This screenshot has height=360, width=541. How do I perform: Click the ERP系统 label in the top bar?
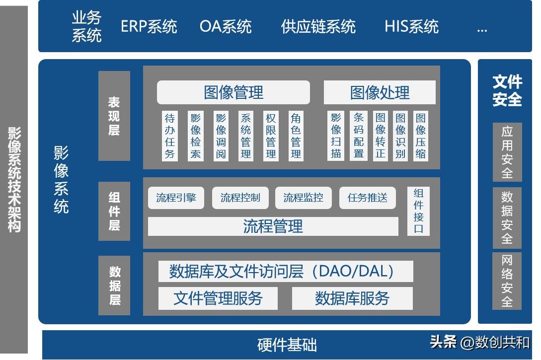click(x=149, y=26)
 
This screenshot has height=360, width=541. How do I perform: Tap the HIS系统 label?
click(x=411, y=26)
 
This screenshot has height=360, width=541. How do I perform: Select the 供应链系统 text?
click(x=318, y=26)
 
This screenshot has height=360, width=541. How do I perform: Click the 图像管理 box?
click(x=233, y=92)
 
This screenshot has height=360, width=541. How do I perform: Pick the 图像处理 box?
click(x=380, y=92)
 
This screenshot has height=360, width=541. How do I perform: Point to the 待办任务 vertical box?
click(x=170, y=136)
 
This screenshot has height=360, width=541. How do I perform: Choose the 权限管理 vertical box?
click(x=271, y=136)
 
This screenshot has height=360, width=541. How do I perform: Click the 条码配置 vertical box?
click(x=359, y=136)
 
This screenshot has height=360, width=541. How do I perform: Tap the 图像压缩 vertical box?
click(x=421, y=136)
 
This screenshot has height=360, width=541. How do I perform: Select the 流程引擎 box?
click(x=176, y=198)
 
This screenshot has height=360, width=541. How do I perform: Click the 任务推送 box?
click(x=368, y=198)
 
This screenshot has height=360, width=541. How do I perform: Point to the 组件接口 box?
click(x=418, y=211)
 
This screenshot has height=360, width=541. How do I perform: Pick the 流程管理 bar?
click(x=273, y=226)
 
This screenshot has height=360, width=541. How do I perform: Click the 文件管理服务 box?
click(x=218, y=298)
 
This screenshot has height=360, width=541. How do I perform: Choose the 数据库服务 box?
click(x=352, y=298)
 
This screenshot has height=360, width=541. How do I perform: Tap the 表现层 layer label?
click(x=114, y=116)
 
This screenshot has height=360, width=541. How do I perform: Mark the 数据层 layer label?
click(x=114, y=286)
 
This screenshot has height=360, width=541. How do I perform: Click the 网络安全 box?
click(x=507, y=281)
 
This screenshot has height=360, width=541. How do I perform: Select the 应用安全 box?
click(x=507, y=152)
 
